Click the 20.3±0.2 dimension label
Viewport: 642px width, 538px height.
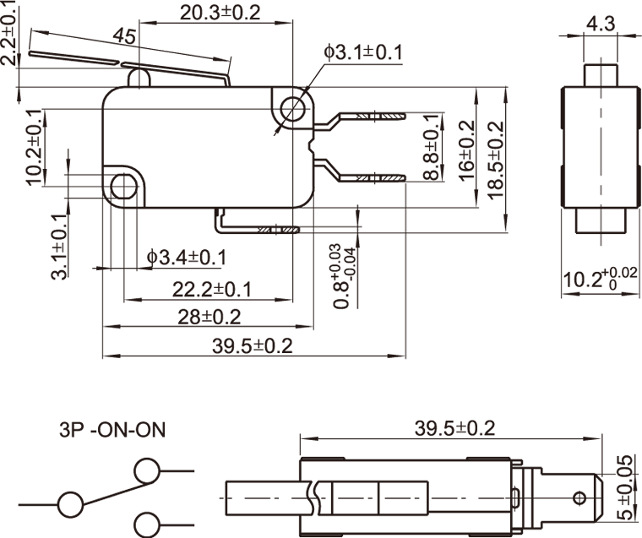coord(220,12)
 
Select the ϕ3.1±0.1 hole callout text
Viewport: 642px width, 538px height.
coord(362,53)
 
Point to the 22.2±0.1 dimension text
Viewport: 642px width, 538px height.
coord(213,290)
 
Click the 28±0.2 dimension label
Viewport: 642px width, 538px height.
coord(209,317)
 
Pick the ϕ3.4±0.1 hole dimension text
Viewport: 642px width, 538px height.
coord(186,256)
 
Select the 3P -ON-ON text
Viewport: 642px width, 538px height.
coord(112,430)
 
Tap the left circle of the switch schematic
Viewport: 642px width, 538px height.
coord(70,505)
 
